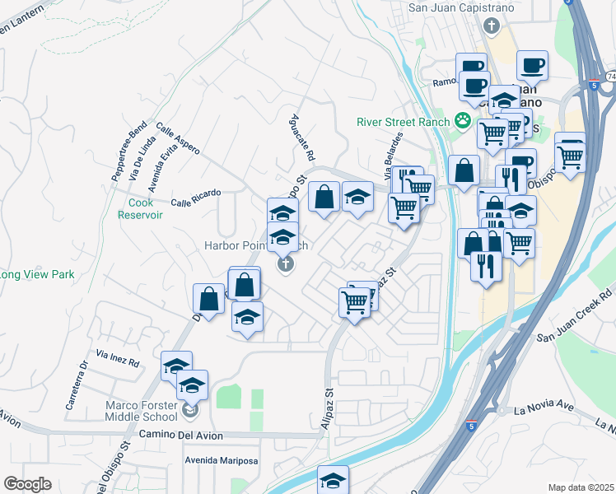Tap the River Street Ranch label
pyautogui.click(x=403, y=122)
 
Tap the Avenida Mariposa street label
pyautogui.click(x=221, y=460)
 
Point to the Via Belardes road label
pyautogui.click(x=394, y=156)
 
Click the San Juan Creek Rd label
pyautogui.click(x=576, y=315)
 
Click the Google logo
pyautogui.click(x=26, y=484)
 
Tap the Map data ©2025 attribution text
pyautogui.click(x=581, y=487)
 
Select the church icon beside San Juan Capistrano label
pyautogui.click(x=492, y=26)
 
